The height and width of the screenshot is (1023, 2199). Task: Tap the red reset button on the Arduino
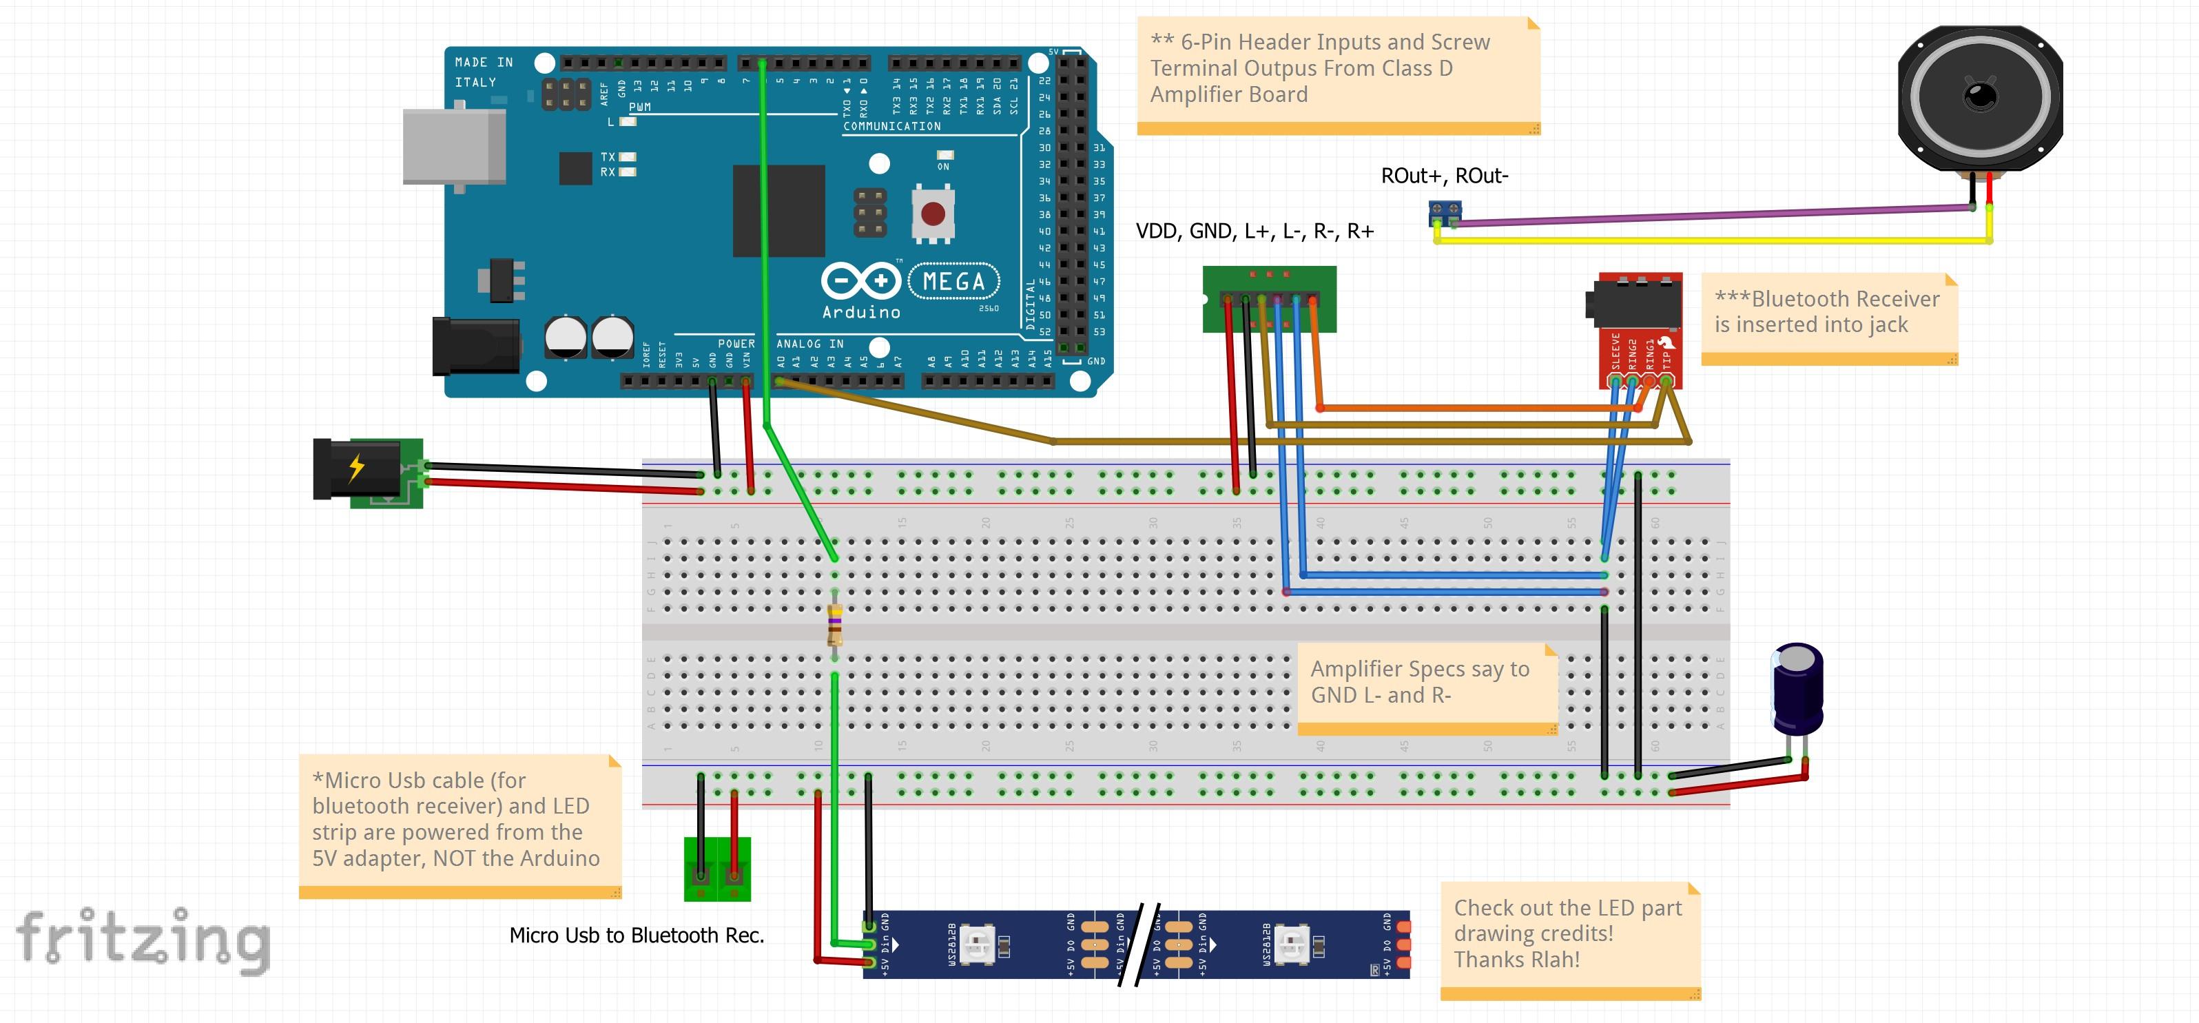pos(932,213)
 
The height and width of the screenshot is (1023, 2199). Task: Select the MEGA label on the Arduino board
pos(953,281)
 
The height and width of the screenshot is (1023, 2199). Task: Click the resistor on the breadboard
pos(835,624)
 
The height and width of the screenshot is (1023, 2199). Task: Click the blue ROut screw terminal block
pos(1445,211)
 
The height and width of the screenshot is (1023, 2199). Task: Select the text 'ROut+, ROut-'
pos(1445,176)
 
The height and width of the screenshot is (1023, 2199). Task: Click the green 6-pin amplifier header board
pos(1268,299)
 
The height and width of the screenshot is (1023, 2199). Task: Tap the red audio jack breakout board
pos(1640,329)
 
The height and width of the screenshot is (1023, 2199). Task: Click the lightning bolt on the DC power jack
pos(357,467)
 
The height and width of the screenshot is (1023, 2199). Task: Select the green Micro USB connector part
pos(717,869)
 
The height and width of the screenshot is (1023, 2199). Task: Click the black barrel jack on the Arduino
pos(475,346)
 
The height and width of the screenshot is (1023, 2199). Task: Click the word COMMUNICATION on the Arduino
pos(891,126)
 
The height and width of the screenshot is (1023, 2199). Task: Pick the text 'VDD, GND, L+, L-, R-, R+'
pos(1254,231)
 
